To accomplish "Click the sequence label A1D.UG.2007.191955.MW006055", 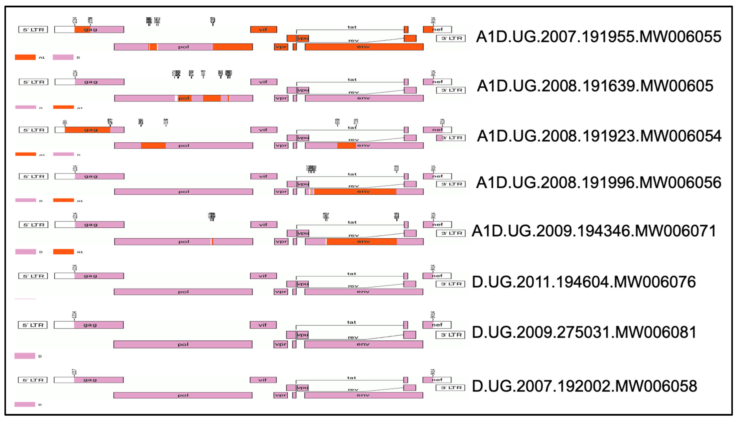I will tap(598, 37).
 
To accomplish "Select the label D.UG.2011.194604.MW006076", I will tap(583, 282).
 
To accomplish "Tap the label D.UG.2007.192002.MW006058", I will tap(584, 386).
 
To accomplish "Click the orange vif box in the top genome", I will tap(263, 29).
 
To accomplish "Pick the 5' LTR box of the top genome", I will tap(33, 30).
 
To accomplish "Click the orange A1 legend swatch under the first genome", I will tap(25, 57).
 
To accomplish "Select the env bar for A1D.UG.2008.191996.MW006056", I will tap(364, 192).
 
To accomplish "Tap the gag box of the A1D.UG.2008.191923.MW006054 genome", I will tap(89, 130).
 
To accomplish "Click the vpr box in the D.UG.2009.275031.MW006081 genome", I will tap(280, 344).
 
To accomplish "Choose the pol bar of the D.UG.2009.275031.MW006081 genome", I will tap(183, 344).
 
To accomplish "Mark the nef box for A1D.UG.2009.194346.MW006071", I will tap(437, 225).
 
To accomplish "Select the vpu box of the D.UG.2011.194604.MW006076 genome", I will tap(303, 284).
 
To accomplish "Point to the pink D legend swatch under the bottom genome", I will tap(25, 404).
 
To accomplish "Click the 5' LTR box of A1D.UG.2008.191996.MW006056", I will tap(33, 176).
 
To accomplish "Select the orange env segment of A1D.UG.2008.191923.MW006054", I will tap(346, 145).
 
